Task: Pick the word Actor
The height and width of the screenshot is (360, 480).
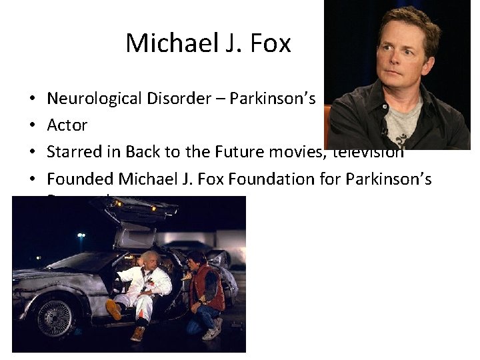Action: coord(67,125)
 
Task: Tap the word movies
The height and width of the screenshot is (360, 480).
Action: coord(303,152)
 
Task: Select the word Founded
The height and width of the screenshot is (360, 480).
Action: coord(79,179)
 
